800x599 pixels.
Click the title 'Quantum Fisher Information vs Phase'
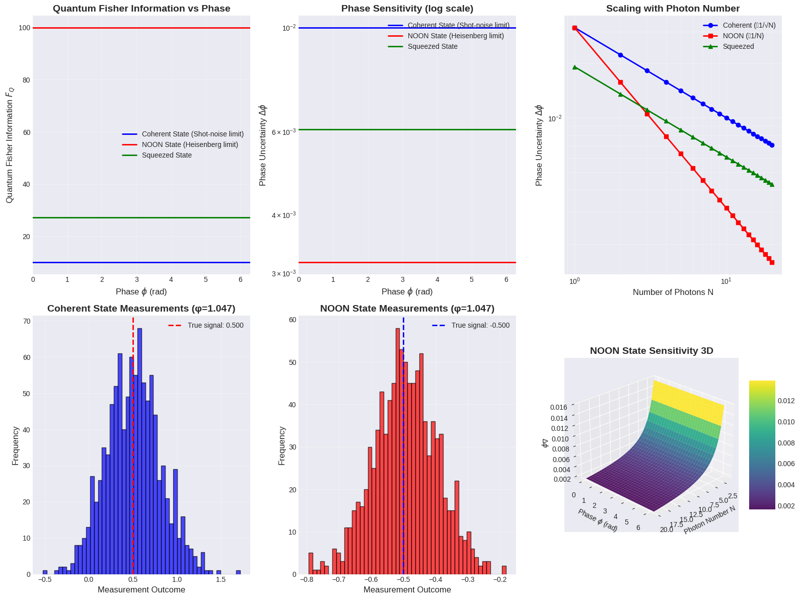[141, 9]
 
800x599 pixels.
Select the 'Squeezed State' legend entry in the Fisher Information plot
[167, 155]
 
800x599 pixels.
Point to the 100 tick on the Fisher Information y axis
[24, 28]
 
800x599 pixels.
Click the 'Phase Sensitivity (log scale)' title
[407, 9]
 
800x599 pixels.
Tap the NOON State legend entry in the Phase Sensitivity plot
[456, 36]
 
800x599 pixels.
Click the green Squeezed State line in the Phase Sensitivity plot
[407, 130]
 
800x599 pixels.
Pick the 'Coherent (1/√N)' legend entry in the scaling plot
[749, 25]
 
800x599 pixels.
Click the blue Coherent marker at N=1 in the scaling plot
[574, 28]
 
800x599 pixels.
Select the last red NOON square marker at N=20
[772, 262]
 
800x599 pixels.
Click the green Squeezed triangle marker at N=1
[574, 67]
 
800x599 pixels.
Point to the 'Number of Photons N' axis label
[673, 292]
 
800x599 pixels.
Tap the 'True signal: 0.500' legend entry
[215, 325]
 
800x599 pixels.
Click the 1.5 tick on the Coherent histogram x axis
[221, 579]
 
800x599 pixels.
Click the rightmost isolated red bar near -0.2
[504, 570]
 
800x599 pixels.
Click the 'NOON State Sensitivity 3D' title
[651, 351]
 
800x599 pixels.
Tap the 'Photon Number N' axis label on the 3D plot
[710, 519]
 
